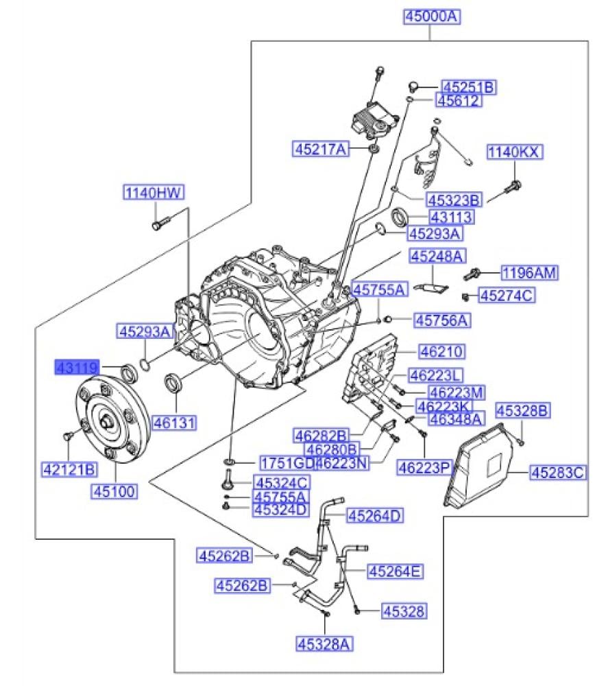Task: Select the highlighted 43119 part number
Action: click(x=78, y=368)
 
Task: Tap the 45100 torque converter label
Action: click(x=114, y=490)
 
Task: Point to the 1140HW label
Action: click(x=154, y=193)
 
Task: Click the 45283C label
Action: click(x=558, y=472)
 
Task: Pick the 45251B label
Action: click(x=468, y=87)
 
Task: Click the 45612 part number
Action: click(x=459, y=101)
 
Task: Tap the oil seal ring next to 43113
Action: click(x=399, y=218)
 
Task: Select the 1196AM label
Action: click(x=528, y=273)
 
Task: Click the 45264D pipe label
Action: click(x=375, y=515)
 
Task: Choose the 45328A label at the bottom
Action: click(x=324, y=643)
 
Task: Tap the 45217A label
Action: click(x=321, y=147)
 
